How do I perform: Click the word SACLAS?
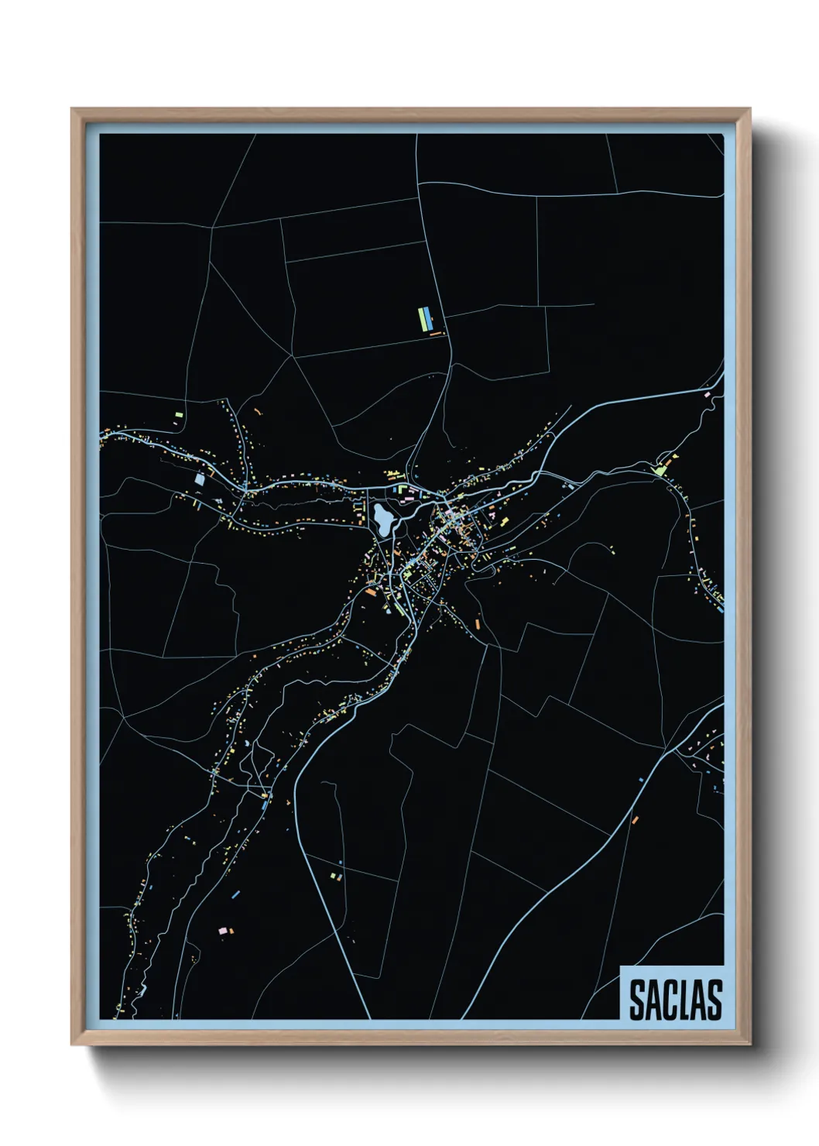tap(675, 1000)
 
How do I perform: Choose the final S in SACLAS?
tap(713, 1000)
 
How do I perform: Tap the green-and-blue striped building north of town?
tap(424, 318)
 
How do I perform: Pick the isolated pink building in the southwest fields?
tap(224, 930)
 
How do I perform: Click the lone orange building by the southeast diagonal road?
tap(635, 819)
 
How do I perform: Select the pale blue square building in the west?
tap(200, 479)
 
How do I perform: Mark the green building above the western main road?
tap(179, 415)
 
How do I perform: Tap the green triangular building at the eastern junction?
tap(660, 469)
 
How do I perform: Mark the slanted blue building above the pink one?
tap(236, 894)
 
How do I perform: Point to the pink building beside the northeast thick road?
tap(707, 395)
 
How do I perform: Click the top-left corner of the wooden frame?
tap(73, 110)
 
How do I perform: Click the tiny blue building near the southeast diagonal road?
tap(641, 780)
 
